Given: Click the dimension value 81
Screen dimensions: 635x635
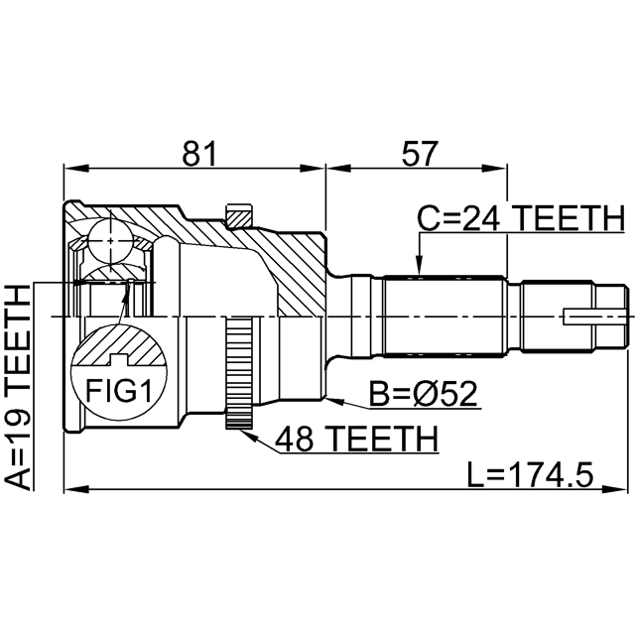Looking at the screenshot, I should tap(199, 153).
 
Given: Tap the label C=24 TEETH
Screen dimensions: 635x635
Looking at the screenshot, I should tap(520, 217).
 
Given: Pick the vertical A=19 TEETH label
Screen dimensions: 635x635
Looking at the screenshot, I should tap(19, 386).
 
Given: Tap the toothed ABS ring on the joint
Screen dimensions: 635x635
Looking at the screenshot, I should tap(238, 373).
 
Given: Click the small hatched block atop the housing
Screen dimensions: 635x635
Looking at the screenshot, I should tap(239, 214).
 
